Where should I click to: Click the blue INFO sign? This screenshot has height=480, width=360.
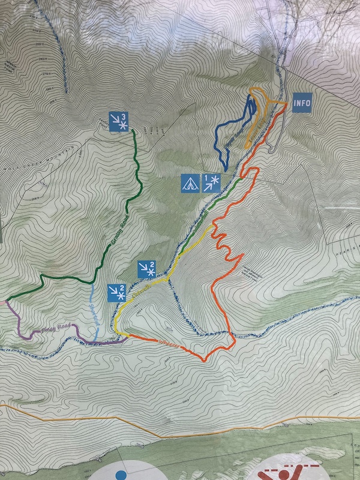click(302, 103)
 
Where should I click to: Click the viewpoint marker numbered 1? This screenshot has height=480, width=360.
click(211, 182)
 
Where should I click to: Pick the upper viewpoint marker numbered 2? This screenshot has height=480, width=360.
click(147, 269)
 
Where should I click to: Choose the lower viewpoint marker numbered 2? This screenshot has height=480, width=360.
click(116, 292)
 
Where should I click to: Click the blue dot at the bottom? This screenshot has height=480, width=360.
click(122, 475)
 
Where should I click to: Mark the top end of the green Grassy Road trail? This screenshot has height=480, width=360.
click(133, 131)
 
